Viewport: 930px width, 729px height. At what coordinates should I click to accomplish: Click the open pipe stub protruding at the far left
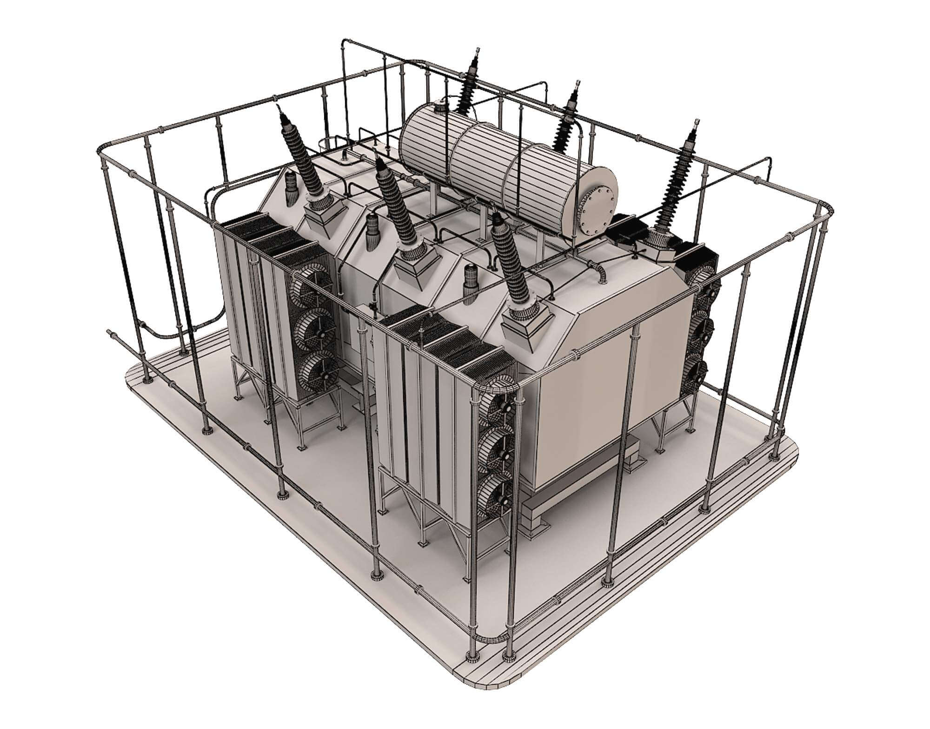[x=110, y=333]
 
